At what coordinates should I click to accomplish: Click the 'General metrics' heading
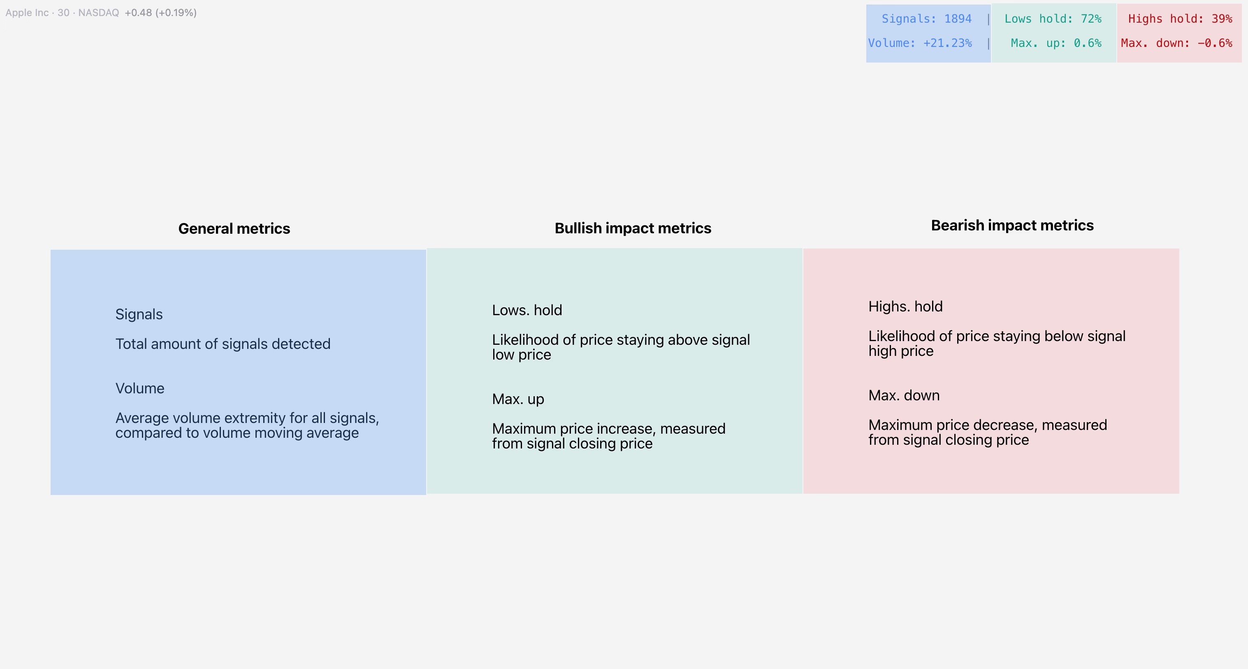tap(234, 229)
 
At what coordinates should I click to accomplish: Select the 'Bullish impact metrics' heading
tap(633, 228)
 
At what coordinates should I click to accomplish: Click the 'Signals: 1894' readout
tap(926, 19)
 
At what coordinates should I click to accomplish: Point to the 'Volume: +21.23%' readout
tap(919, 43)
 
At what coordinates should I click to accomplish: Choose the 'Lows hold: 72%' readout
tap(1053, 19)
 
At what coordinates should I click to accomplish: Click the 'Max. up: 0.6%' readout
tap(1055, 43)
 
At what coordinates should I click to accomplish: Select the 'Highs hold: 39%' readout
tap(1180, 19)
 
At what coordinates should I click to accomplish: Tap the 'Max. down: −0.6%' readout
tap(1176, 43)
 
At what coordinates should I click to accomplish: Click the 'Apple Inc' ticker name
tap(27, 13)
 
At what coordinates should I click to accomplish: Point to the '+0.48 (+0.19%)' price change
tap(160, 13)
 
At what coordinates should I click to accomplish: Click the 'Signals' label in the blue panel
tap(139, 314)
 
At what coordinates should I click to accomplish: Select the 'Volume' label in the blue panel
tap(140, 388)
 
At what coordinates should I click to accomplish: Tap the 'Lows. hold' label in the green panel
tap(527, 310)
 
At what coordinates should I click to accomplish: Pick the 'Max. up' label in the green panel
tap(518, 399)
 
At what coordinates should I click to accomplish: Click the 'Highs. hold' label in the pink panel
tap(905, 307)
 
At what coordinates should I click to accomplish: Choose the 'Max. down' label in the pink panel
tap(904, 395)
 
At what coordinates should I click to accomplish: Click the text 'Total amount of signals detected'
tap(223, 344)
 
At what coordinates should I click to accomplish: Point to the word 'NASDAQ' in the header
tap(98, 13)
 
